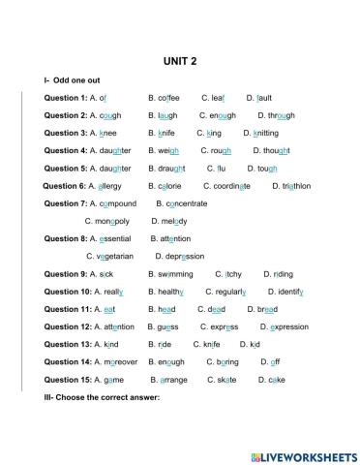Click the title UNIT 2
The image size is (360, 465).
click(180, 60)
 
